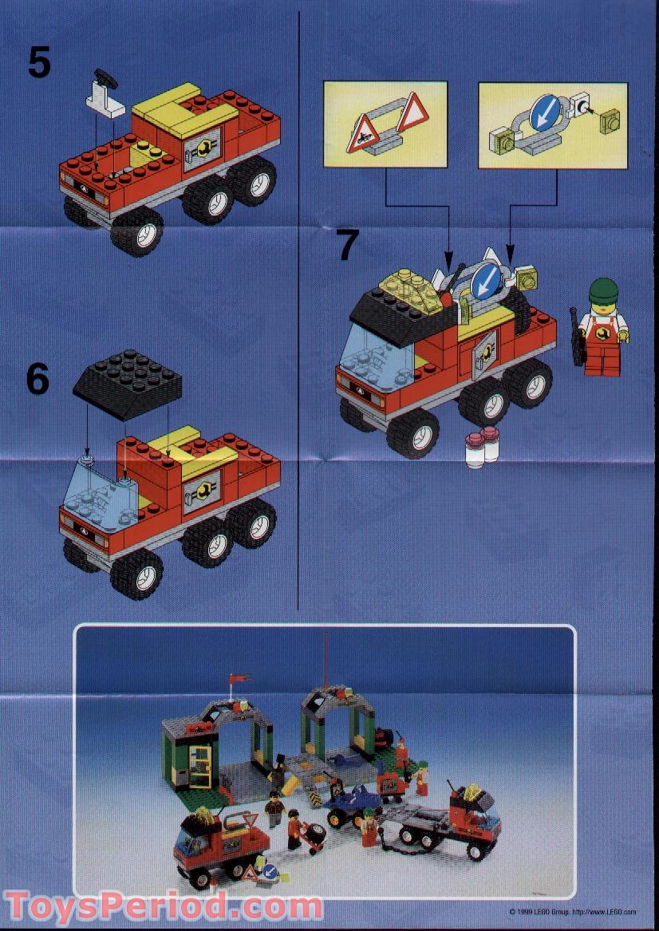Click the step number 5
tap(39, 61)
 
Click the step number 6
tap(37, 380)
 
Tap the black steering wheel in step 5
tap(103, 77)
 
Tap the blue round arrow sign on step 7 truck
tap(484, 282)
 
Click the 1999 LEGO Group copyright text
tap(572, 910)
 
